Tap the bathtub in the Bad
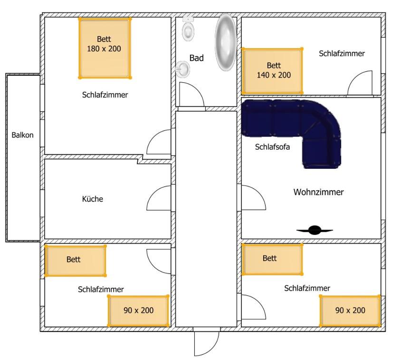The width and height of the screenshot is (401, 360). [x=225, y=42]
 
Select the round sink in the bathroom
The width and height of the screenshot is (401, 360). [x=182, y=69]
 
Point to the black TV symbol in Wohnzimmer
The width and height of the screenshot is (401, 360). [x=315, y=230]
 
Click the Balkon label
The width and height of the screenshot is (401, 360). [x=22, y=135]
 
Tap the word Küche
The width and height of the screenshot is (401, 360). [x=93, y=199]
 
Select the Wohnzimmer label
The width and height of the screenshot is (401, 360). [x=318, y=192]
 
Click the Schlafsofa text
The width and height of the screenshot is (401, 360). [x=272, y=147]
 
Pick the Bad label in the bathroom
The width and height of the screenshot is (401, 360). [x=196, y=58]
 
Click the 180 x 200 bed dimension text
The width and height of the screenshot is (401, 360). [x=104, y=49]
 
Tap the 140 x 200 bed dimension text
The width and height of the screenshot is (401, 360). [x=274, y=75]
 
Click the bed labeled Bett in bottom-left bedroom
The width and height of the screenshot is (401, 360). [x=75, y=261]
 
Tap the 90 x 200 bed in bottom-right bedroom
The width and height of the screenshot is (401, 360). [x=350, y=311]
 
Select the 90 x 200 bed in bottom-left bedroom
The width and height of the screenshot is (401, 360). [x=138, y=311]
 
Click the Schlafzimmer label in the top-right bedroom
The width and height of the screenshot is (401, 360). [x=342, y=54]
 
